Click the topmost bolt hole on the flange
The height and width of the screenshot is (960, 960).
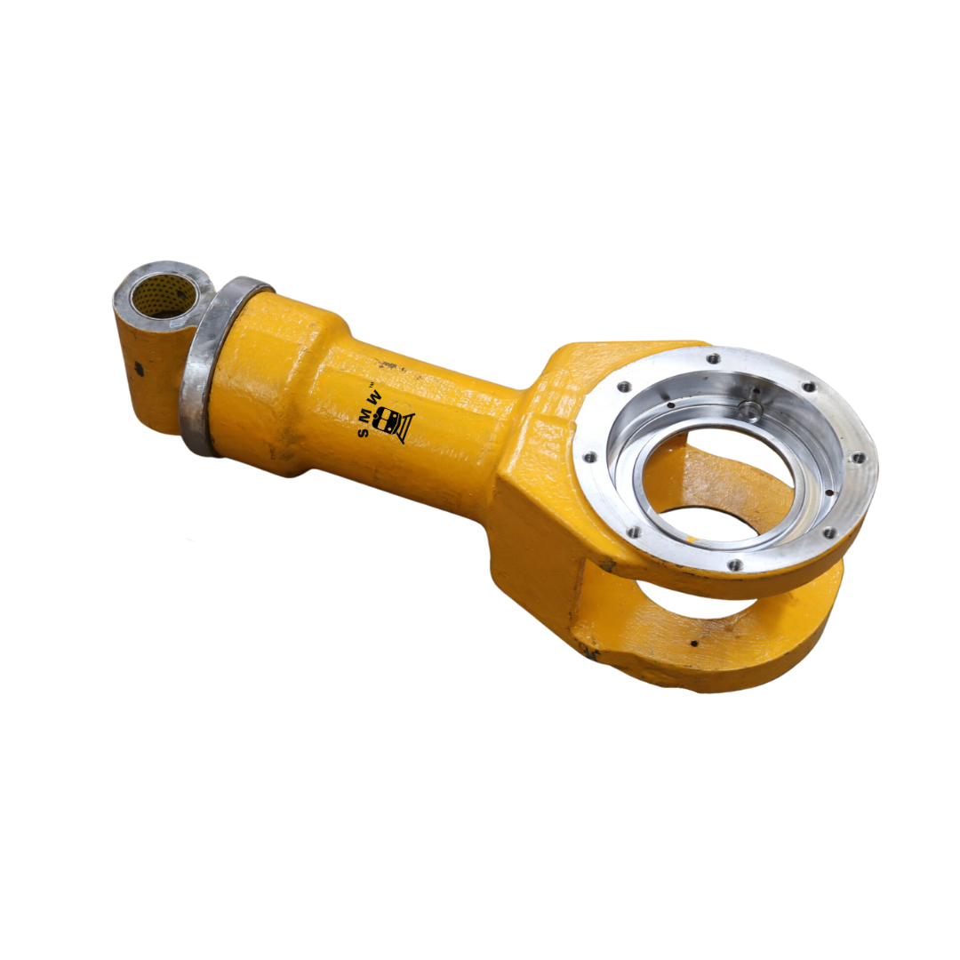(712, 359)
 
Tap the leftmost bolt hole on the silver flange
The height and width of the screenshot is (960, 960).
(588, 458)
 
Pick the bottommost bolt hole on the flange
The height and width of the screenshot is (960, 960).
(733, 564)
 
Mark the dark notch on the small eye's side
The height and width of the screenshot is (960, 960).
(139, 367)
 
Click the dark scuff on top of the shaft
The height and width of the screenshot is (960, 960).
(388, 365)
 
